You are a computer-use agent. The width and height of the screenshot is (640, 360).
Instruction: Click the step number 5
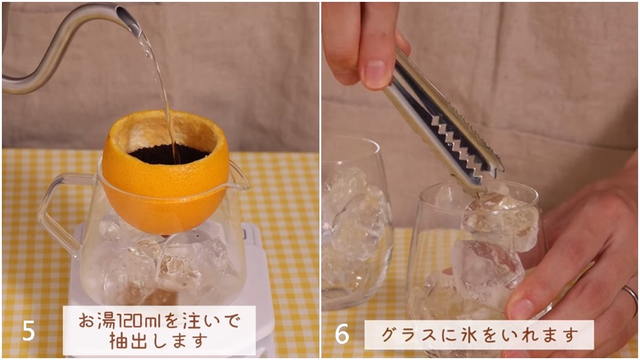pyautogui.click(x=29, y=331)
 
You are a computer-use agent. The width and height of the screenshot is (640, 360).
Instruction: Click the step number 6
pyautogui.click(x=342, y=334)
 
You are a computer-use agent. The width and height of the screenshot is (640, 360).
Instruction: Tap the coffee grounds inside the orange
pyautogui.click(x=167, y=154)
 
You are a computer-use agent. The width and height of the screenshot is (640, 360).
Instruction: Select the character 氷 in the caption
pyautogui.click(x=462, y=335)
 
